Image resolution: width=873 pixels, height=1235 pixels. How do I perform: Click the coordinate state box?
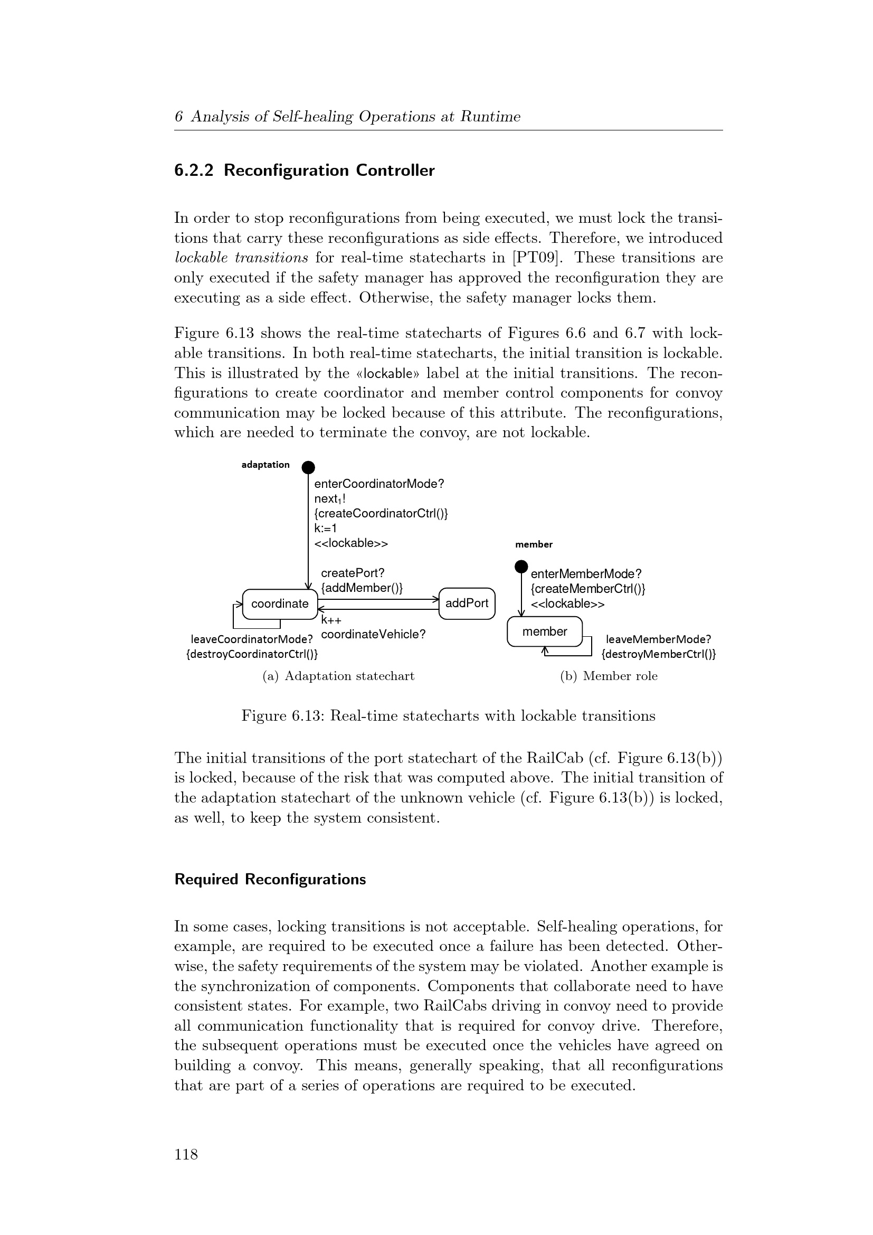[280, 604]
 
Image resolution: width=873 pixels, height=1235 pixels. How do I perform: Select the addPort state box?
[467, 604]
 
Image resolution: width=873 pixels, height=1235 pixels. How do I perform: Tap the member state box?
[545, 631]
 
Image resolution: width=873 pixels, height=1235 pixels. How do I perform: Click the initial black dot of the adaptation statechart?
[308, 467]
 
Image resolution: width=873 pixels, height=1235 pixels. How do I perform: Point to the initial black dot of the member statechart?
[521, 566]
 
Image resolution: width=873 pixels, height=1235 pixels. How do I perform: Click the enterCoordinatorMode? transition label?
[379, 484]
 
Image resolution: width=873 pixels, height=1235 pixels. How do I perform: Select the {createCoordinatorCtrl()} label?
[381, 513]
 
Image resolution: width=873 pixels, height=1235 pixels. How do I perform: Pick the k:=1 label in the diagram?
[326, 528]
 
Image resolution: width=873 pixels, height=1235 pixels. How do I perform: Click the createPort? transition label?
[353, 573]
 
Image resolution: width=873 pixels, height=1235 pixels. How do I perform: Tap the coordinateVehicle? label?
[373, 635]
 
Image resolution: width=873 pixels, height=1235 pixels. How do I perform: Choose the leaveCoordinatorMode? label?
[252, 639]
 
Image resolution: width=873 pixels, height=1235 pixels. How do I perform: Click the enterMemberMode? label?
[586, 574]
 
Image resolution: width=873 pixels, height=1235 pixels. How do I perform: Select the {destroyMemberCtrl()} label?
[659, 655]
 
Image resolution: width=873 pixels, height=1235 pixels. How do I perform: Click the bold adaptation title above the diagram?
[265, 465]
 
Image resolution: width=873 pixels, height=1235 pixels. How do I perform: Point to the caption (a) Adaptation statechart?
[338, 676]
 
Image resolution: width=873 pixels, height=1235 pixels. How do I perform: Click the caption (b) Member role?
[609, 676]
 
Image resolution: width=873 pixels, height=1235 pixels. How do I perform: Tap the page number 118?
[186, 1154]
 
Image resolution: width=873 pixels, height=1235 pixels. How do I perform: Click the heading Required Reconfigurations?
[270, 880]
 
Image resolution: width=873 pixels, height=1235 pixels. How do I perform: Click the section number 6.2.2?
[194, 171]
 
